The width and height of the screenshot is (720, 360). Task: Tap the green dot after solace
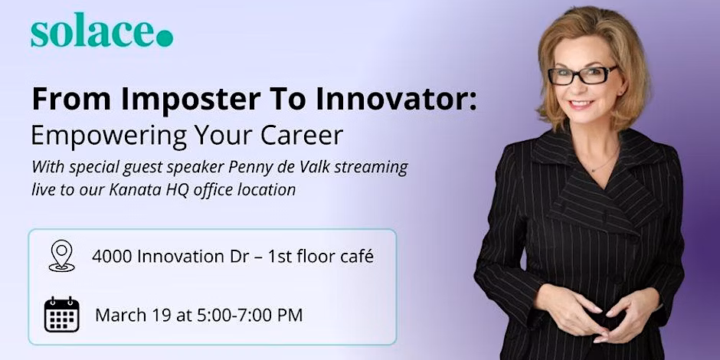click(165, 38)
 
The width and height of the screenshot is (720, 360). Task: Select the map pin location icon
click(61, 256)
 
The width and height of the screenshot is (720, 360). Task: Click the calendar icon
click(61, 315)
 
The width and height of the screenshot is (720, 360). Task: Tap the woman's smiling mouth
click(581, 105)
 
